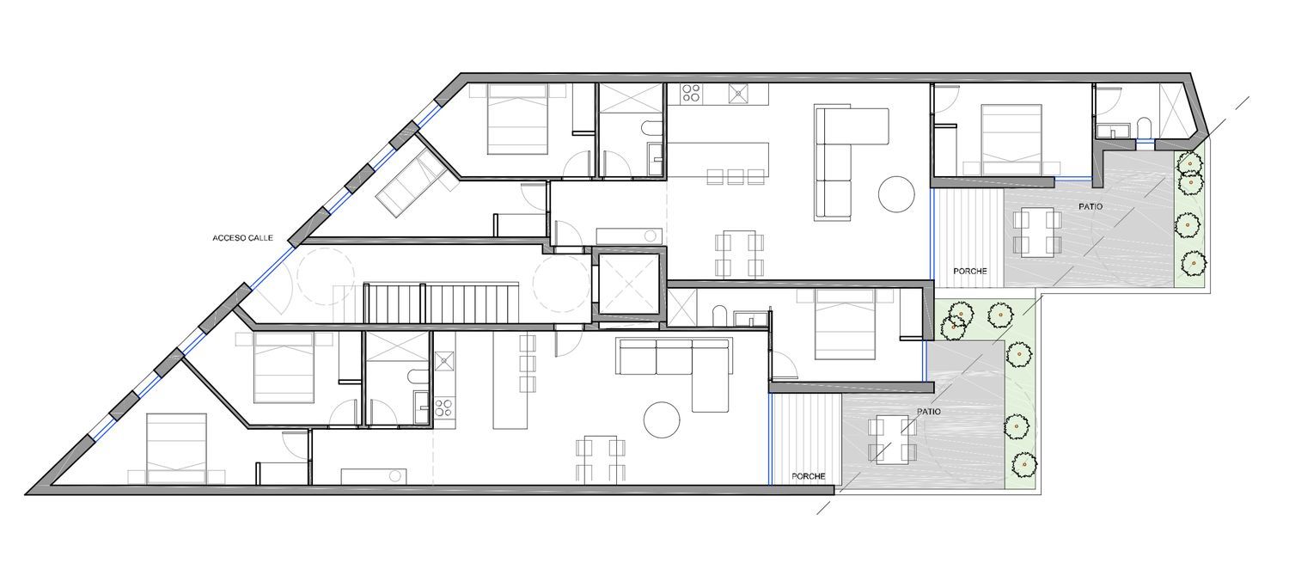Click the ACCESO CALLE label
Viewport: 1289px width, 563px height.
point(242,238)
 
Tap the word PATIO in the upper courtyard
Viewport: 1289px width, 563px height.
point(1090,206)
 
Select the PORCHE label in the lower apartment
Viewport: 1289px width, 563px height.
point(808,476)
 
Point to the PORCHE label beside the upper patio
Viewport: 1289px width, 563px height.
point(969,271)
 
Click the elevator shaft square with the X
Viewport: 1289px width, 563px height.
point(628,285)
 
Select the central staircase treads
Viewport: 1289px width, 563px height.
point(442,303)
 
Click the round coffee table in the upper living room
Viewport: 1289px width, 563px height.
point(896,194)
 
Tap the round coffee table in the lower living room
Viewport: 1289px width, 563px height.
point(661,419)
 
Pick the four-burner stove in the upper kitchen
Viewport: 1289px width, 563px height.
point(691,93)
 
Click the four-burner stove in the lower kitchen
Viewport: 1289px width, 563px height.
point(443,407)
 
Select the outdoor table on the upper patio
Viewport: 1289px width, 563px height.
point(1037,233)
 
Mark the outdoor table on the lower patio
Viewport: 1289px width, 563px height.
point(891,442)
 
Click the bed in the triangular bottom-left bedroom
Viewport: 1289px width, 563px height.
point(176,448)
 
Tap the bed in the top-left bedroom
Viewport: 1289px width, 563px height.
point(517,119)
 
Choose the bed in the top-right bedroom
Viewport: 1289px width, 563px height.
point(1011,139)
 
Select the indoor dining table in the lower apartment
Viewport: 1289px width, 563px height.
point(600,459)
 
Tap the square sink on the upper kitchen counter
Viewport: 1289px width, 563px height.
point(737,93)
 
